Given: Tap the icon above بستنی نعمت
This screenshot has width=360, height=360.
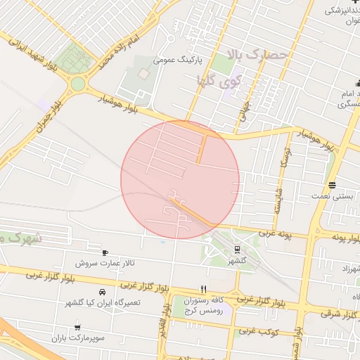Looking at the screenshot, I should pyautogui.click(x=331, y=186).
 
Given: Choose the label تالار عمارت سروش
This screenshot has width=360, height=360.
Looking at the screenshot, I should pyautogui.click(x=105, y=263).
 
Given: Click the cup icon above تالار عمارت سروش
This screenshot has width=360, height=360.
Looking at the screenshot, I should pyautogui.click(x=105, y=252).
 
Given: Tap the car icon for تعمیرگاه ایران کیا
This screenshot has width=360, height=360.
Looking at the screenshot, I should pyautogui.click(x=103, y=291).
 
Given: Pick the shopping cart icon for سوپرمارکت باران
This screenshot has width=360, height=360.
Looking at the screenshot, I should pyautogui.click(x=77, y=327).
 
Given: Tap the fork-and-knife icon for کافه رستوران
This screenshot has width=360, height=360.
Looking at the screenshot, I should pyautogui.click(x=203, y=288).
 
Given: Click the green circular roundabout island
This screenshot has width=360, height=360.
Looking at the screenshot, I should pyautogui.click(x=77, y=84).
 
